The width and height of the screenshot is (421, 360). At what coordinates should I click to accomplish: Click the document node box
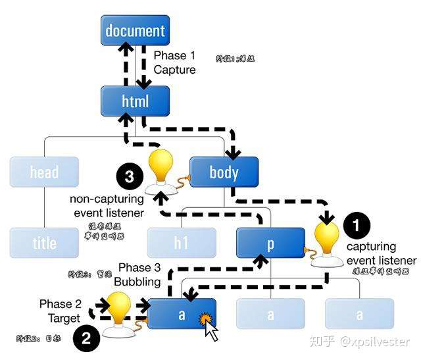point(135,30)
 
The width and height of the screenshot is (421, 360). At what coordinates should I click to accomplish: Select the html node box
point(135,101)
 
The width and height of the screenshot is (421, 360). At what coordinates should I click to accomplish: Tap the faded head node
point(44,172)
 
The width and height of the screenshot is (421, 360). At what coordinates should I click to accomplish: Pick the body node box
point(224,172)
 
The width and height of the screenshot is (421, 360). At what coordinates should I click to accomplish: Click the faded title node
point(44,244)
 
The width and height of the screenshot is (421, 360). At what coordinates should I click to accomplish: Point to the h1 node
point(181,244)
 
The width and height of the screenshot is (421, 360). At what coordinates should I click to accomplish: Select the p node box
point(270,244)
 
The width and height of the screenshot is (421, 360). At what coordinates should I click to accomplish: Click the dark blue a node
point(181,314)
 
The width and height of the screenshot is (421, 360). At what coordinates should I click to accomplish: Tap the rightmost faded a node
point(359,314)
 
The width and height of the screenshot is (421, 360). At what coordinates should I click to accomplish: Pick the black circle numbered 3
point(130,176)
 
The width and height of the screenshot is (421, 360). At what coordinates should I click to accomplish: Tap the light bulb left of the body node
point(162,169)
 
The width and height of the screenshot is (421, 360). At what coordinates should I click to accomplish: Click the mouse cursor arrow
point(210,327)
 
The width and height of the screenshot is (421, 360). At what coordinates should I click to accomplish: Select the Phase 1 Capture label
point(174,63)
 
